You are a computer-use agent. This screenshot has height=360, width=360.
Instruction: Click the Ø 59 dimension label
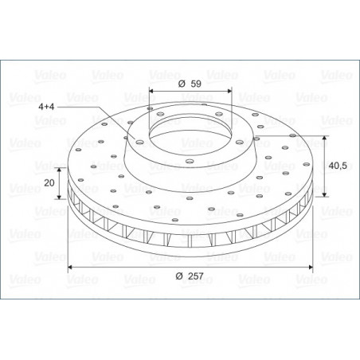[190, 84]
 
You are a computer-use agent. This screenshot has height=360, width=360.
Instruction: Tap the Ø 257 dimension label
[190, 276]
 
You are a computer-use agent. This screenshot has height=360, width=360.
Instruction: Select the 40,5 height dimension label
[338, 166]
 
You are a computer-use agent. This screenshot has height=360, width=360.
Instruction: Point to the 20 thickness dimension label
[49, 182]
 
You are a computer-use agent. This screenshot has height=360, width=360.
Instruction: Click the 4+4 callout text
[46, 107]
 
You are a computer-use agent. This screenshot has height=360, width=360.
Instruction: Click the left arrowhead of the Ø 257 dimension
[70, 267]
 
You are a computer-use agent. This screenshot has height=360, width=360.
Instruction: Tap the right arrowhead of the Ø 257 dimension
[311, 267]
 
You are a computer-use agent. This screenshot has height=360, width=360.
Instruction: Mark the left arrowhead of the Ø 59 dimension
[151, 91]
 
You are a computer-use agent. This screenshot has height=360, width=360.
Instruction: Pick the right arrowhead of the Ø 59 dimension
[229, 91]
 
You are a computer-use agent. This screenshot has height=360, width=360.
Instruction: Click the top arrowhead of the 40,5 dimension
[324, 138]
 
